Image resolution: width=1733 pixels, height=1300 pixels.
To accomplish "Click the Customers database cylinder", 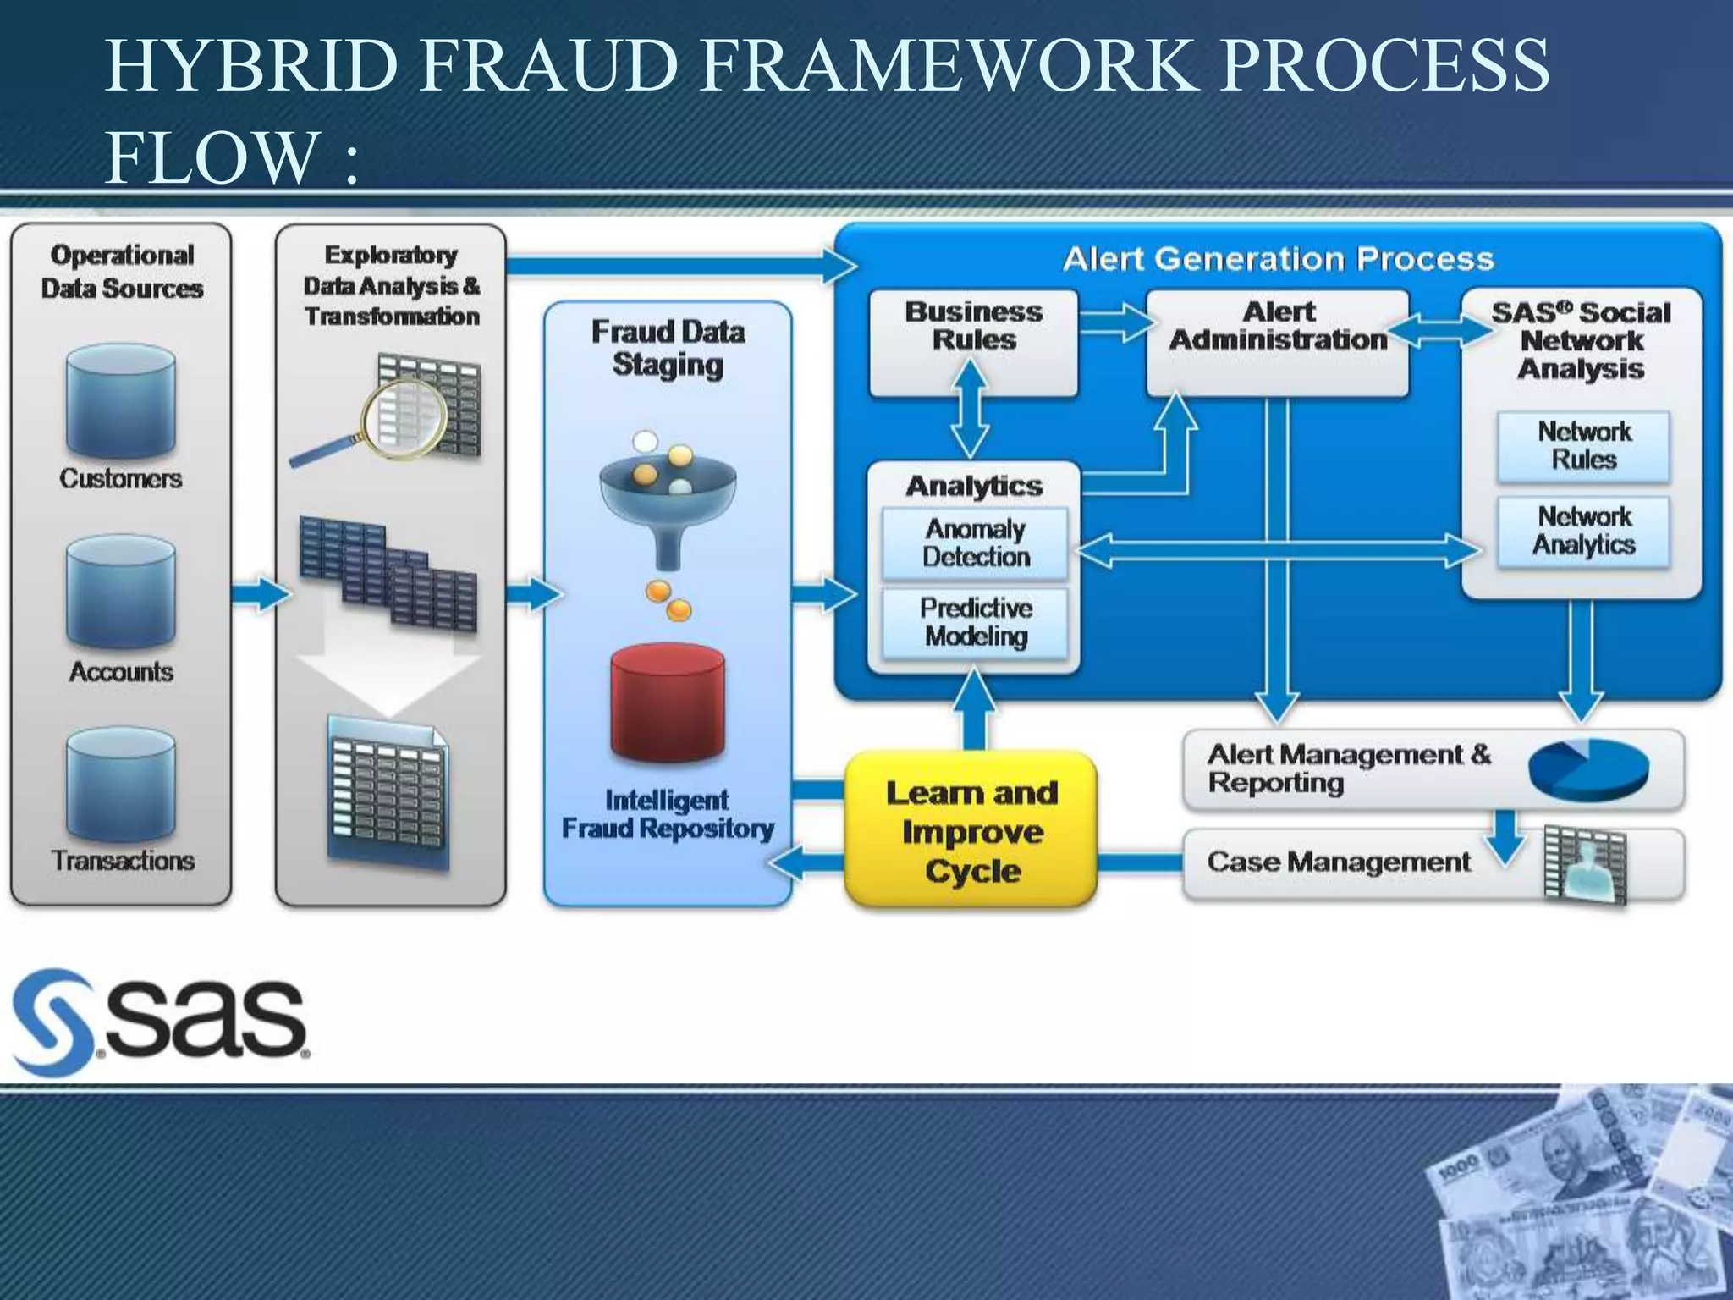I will pyautogui.click(x=121, y=403).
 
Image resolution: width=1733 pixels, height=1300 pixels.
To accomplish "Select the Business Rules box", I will pyautogui.click(x=973, y=342).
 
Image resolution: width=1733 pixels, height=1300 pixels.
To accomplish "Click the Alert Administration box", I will pyautogui.click(x=1278, y=342).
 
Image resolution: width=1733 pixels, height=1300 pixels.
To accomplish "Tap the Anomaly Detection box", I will pyautogui.click(x=975, y=543).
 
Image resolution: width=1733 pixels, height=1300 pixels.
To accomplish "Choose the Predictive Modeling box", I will pyautogui.click(x=975, y=623).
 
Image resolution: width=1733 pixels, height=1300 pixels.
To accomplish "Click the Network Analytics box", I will pyautogui.click(x=1583, y=532).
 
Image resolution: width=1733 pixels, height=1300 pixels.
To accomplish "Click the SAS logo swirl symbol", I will pyautogui.click(x=52, y=1022).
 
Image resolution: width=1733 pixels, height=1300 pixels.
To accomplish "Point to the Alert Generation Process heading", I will pyautogui.click(x=1278, y=259).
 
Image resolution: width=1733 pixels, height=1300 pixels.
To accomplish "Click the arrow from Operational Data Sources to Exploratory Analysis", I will pyautogui.click(x=259, y=594).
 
